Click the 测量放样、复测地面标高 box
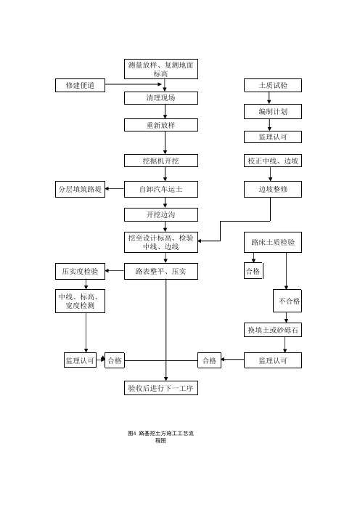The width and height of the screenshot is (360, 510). click(x=161, y=69)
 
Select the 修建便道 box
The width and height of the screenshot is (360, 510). click(x=80, y=85)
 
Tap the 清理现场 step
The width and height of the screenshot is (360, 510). click(x=161, y=98)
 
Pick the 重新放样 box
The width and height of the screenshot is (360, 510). click(x=161, y=125)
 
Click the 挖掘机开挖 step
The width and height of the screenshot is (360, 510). click(x=161, y=161)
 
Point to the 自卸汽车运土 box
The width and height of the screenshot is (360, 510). click(x=161, y=189)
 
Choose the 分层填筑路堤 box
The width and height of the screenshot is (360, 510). click(x=80, y=189)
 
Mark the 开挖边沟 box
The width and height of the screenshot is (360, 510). click(x=161, y=214)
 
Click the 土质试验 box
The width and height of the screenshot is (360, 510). click(x=273, y=85)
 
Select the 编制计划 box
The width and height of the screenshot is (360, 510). click(x=273, y=112)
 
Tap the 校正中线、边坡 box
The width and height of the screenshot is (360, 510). click(x=273, y=161)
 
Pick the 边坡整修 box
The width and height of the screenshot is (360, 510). click(x=273, y=189)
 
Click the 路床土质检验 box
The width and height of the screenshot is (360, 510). click(x=273, y=243)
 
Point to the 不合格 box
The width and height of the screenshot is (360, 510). click(x=287, y=301)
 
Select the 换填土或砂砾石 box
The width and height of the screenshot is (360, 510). click(x=273, y=330)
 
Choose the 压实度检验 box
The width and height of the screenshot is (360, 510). click(x=80, y=271)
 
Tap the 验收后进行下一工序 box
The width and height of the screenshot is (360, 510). click(x=161, y=388)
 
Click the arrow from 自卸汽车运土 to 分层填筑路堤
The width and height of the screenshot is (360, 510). click(x=115, y=189)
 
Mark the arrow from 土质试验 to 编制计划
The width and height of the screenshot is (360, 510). click(x=269, y=98)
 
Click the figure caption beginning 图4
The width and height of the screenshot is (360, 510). click(x=161, y=437)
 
